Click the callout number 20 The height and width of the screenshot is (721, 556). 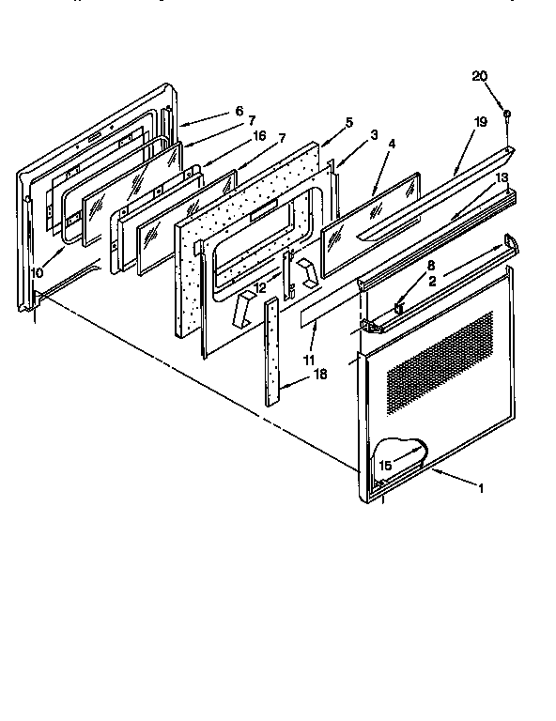(x=479, y=76)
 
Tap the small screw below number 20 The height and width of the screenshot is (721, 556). (x=506, y=114)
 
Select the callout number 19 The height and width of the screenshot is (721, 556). (x=480, y=122)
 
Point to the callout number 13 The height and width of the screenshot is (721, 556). (x=502, y=177)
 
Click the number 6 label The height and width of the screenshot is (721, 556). (x=225, y=110)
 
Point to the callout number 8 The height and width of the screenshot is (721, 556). (x=405, y=267)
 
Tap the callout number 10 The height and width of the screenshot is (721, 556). (x=36, y=272)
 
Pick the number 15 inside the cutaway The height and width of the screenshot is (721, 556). (x=384, y=465)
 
